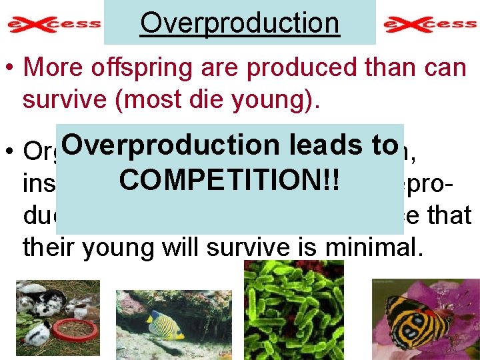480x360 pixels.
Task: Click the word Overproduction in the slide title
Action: [x=239, y=23]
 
